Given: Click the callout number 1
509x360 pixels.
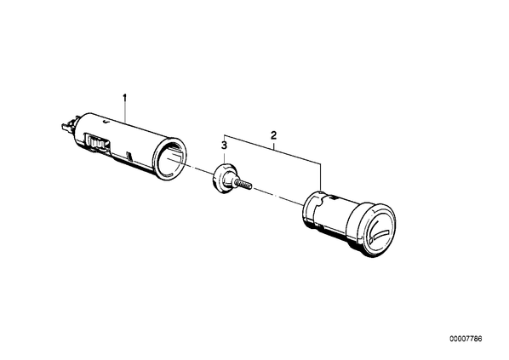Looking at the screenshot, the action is pos(124,98).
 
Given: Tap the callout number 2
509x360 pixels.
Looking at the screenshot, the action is pos(273,135).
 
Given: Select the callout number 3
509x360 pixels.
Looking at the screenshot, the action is pos(224,146).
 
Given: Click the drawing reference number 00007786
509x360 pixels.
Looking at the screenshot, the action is pos(466,339).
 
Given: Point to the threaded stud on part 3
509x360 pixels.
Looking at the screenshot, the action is pos(243,186).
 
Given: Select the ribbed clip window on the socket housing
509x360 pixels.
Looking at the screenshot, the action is pos(96,142).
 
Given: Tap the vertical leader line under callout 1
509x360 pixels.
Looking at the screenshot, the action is pos(124,112).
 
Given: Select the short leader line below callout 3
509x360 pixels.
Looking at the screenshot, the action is pos(224,157).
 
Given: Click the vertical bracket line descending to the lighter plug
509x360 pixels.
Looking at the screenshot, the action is pos(320,177).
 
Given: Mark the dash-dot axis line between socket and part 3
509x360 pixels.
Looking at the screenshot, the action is pos(191,167).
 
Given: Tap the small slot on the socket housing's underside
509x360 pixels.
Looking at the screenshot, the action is pos(130,156).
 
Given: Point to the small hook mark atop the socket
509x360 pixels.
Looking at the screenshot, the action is pos(105,122).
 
